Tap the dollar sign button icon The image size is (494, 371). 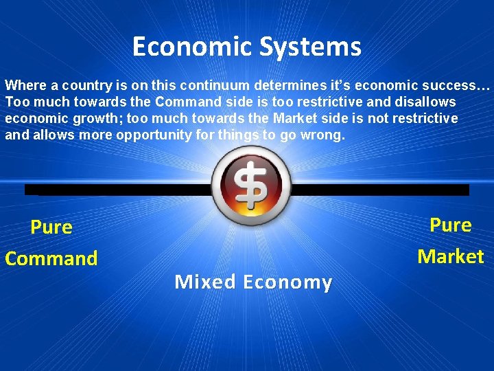(246, 185)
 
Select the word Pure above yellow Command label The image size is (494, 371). (51, 227)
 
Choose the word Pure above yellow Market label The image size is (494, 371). (450, 225)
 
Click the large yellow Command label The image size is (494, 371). (51, 259)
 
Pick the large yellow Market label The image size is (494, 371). (450, 257)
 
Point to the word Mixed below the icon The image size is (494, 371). (204, 282)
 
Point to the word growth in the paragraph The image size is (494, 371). (96, 118)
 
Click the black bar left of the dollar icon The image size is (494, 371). (117, 190)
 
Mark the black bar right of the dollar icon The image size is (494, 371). (377, 190)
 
